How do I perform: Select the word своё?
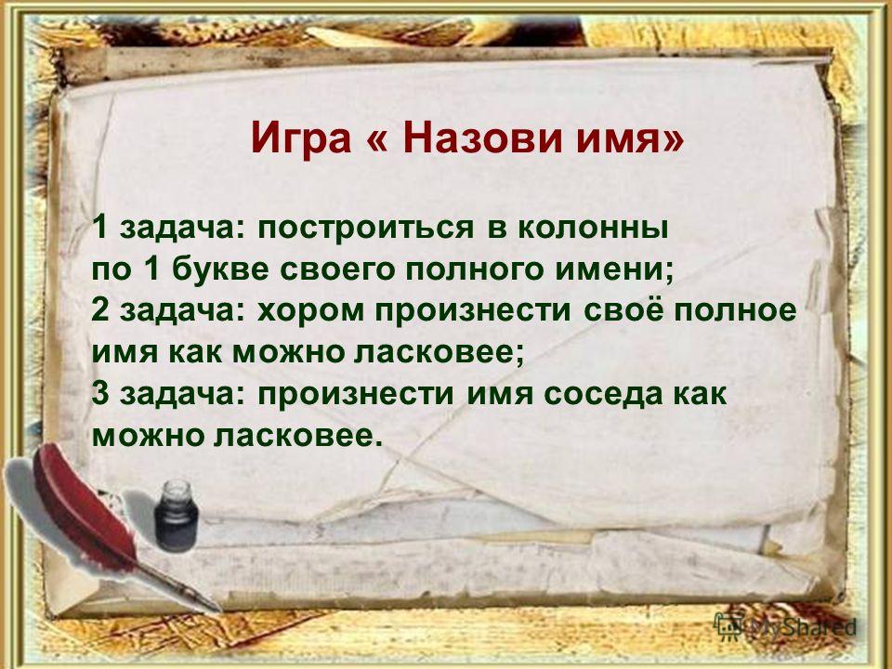click(x=623, y=310)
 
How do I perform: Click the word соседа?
click(x=603, y=395)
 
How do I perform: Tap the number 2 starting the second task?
click(x=100, y=309)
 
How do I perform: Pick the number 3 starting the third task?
click(x=100, y=393)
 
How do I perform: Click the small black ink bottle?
click(x=177, y=516)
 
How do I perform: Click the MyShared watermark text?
click(x=803, y=628)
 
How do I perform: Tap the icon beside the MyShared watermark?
click(x=728, y=627)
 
